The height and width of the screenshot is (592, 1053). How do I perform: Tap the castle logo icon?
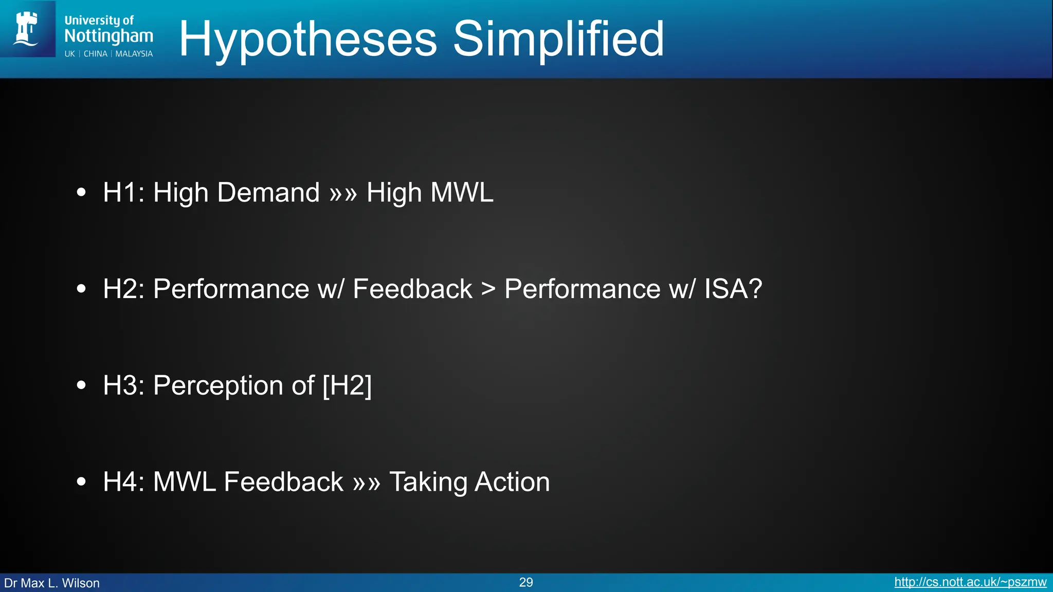click(x=27, y=29)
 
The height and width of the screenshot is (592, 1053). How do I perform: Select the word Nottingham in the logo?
click(x=108, y=36)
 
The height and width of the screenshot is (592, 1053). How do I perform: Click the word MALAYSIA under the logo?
click(x=134, y=54)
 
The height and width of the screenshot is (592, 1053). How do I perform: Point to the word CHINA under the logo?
click(x=95, y=54)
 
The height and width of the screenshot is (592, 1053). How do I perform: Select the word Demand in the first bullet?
click(x=268, y=193)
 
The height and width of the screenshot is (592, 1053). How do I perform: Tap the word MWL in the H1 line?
click(x=462, y=193)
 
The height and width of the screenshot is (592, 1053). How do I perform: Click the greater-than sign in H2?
click(x=488, y=289)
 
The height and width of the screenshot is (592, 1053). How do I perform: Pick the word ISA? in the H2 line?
click(x=733, y=289)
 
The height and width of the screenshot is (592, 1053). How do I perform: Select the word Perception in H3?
click(x=218, y=386)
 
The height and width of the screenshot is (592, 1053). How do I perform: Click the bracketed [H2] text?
click(x=347, y=386)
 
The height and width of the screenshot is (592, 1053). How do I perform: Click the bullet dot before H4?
click(x=81, y=482)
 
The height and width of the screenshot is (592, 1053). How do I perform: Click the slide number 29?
click(x=526, y=582)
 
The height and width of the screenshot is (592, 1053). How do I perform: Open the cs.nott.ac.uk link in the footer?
click(x=970, y=582)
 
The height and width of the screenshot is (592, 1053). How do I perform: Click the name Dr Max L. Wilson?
click(x=52, y=583)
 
